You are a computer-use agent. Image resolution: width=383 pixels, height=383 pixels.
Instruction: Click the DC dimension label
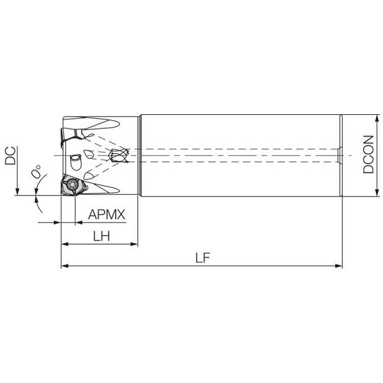pyautogui.click(x=10, y=156)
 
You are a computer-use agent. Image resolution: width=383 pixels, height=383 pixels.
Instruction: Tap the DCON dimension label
pyautogui.click(x=368, y=154)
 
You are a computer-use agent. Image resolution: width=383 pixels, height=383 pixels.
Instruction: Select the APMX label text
pyautogui.click(x=107, y=214)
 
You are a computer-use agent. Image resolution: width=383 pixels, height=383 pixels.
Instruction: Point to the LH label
pyautogui.click(x=101, y=236)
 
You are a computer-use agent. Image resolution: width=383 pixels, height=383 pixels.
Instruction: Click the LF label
pyautogui.click(x=203, y=258)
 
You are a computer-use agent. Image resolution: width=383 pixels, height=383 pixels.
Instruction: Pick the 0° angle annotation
pyautogui.click(x=36, y=171)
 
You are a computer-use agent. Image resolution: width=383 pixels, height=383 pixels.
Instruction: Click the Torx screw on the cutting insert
pyautogui.click(x=73, y=184)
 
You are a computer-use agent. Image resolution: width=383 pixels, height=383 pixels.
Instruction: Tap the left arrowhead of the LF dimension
pyautogui.click(x=64, y=266)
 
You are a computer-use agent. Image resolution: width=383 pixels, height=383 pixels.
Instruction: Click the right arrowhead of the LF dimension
pyautogui.click(x=339, y=266)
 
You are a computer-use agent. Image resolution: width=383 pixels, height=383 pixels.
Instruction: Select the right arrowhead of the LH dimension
pyautogui.click(x=134, y=244)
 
